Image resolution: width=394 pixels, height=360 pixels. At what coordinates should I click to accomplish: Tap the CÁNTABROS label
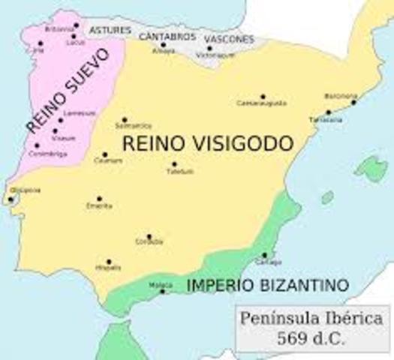point(167,35)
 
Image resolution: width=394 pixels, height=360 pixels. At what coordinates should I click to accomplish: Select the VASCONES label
point(227,39)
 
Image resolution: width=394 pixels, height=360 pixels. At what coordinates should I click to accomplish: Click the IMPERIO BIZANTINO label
point(267,285)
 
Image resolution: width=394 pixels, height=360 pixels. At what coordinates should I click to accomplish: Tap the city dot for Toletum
point(174,164)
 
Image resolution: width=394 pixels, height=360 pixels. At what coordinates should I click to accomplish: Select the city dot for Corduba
point(149,236)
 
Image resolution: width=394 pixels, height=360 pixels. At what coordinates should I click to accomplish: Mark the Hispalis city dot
point(109,262)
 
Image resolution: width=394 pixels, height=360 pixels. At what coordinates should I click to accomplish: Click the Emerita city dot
point(99,199)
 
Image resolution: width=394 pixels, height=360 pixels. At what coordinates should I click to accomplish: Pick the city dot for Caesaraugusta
point(262,97)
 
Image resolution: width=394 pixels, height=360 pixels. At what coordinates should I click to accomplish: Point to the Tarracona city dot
point(328,112)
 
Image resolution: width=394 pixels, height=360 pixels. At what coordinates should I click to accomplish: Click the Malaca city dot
point(162,291)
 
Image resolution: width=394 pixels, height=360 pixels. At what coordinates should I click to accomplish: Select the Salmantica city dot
point(125,119)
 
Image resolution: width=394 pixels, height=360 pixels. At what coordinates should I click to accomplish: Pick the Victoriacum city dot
point(210,48)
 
